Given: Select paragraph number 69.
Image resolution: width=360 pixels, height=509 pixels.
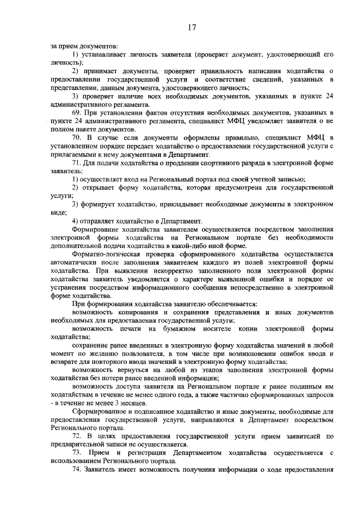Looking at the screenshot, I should tap(78, 113).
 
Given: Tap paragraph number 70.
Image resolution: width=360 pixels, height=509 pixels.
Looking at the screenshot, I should tap(78, 137).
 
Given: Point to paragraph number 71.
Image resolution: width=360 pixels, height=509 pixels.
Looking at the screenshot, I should tap(78, 162).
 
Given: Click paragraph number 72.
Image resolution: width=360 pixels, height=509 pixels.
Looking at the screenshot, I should tap(78, 436).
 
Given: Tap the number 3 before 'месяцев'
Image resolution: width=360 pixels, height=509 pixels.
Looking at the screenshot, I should tap(116, 403).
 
